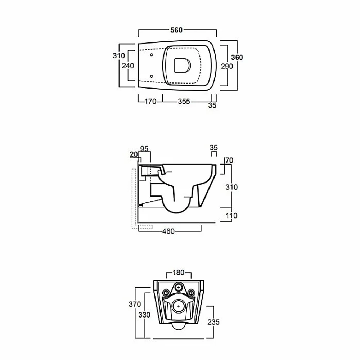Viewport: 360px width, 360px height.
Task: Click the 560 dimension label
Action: pos(176,30)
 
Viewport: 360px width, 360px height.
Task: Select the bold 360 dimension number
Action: pos(237,57)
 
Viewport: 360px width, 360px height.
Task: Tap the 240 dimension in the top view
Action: pos(128,66)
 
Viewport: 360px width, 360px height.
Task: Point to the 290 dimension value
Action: pos(227,66)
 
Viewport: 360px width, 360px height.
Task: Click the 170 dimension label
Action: pos(150,102)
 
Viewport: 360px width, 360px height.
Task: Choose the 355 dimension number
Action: pos(184,102)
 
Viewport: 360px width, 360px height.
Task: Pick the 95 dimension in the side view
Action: pos(144,149)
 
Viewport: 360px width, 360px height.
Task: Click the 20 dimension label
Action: pos(134,154)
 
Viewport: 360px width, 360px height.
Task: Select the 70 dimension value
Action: pos(229,160)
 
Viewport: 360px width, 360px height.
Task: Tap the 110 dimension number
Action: pos(231,216)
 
